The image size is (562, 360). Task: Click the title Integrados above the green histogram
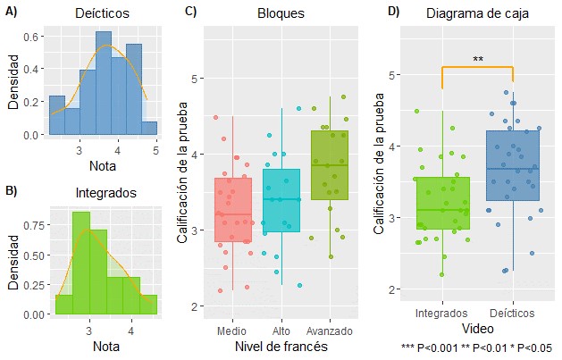pyautogui.click(x=105, y=193)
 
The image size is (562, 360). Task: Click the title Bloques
pyautogui.click(x=281, y=15)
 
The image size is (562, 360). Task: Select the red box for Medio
pyautogui.click(x=233, y=210)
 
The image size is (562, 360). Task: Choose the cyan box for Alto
pyautogui.click(x=281, y=201)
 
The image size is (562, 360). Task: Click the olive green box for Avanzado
pyautogui.click(x=329, y=165)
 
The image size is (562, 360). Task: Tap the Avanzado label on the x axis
pyautogui.click(x=329, y=331)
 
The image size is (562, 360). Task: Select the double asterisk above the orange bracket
pyautogui.click(x=478, y=60)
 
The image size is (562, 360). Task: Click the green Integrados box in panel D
pyautogui.click(x=442, y=204)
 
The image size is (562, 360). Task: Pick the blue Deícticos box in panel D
pyautogui.click(x=513, y=166)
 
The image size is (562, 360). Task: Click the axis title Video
pyautogui.click(x=477, y=329)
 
